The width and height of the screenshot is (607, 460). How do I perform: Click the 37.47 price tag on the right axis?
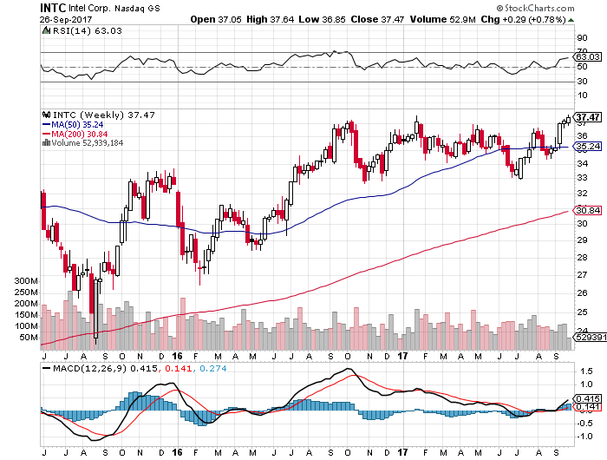[x=588, y=117]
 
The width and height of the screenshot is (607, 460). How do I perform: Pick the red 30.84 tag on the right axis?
[x=588, y=211]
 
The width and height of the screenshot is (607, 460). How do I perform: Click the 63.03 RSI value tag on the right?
[x=588, y=56]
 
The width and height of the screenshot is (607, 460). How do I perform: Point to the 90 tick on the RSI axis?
[x=582, y=37]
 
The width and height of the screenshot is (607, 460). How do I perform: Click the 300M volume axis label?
[x=27, y=282]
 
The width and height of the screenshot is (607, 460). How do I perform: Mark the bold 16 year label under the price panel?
[x=177, y=356]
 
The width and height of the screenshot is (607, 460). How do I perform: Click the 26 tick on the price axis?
[x=582, y=293]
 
